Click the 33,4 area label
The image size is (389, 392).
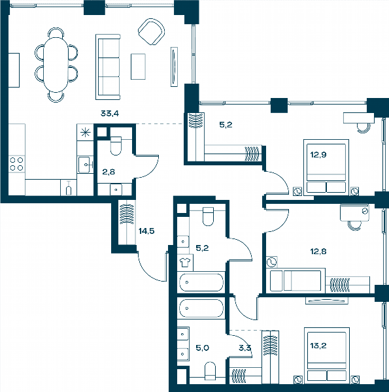coord(110,114)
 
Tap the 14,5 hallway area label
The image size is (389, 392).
coord(146,231)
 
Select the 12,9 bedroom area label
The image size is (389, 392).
coord(318,155)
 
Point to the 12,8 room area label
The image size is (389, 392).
coord(318,252)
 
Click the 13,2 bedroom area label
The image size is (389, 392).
coord(318,346)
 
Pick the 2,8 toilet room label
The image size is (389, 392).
coord(109,172)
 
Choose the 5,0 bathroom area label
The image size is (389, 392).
coord(203,348)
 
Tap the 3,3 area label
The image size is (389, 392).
coord(245,348)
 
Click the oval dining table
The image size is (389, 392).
coord(56,65)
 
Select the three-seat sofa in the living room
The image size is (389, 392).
coord(108,67)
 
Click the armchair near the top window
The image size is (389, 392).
coord(151,32)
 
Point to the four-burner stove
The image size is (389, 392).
coord(16,164)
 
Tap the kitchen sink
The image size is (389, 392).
coord(84,165)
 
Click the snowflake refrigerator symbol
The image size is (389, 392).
coord(85,132)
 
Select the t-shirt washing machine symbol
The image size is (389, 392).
coord(185,263)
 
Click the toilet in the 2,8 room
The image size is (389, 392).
coord(116,146)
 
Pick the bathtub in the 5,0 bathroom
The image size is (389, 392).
coord(201,308)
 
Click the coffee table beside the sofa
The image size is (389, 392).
coord(138,67)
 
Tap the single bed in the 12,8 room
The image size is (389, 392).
coord(296,280)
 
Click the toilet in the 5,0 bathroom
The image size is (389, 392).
coord(210,371)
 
